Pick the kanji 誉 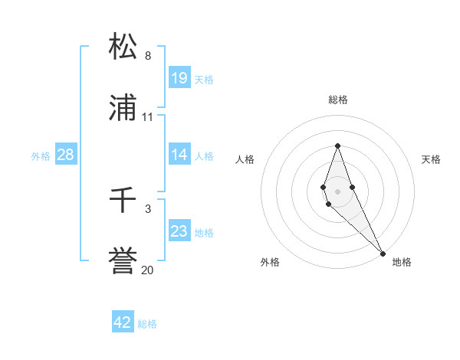coord(123,261)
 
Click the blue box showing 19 coord(179,77)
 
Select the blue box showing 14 coord(179,155)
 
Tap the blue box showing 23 coord(179,231)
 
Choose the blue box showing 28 coord(66,155)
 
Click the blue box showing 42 coord(123,322)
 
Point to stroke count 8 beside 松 coord(148,56)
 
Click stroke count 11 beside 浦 coord(148,117)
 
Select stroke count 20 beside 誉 coord(148,270)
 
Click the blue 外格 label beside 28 coord(41,156)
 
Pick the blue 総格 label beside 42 coord(147,324)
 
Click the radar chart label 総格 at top coord(338,100)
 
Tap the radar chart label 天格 coord(432,159)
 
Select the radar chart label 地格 coord(402,262)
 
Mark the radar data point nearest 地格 coord(383,254)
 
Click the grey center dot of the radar coord(338,191)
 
